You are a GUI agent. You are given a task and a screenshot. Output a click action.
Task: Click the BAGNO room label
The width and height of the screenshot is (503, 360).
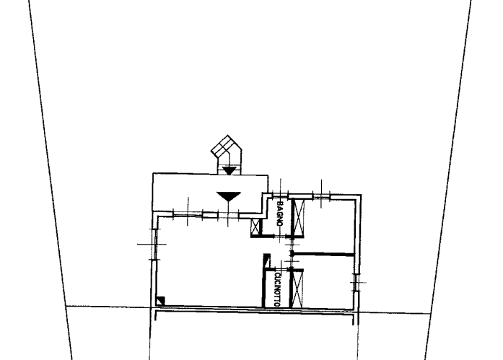click(x=280, y=214)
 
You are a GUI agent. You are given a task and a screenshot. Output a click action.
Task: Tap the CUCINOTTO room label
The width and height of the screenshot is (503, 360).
click(x=278, y=289)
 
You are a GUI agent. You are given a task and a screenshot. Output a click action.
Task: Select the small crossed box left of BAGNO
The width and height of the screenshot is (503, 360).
click(x=255, y=227)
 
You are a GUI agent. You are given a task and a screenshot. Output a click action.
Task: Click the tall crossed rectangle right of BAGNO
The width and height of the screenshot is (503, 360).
click(x=299, y=217)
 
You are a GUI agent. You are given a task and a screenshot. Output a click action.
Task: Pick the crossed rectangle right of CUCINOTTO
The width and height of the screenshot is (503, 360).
click(x=297, y=289)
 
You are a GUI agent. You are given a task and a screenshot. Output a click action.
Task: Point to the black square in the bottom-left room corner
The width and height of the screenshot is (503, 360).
click(x=160, y=301)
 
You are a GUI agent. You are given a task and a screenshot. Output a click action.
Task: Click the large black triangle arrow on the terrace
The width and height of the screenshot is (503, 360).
click(x=228, y=196)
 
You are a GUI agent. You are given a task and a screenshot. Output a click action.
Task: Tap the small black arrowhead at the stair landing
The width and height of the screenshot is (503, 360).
click(x=229, y=171)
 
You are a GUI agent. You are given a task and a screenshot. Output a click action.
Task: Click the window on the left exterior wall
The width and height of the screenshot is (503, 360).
click(x=154, y=245)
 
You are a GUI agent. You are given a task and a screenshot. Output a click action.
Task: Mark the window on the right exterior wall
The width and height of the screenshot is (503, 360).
click(x=357, y=282)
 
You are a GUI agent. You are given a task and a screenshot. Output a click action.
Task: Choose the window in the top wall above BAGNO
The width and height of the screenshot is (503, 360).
click(x=281, y=194)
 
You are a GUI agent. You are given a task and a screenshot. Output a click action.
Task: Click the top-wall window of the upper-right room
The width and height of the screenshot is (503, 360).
click(x=321, y=196)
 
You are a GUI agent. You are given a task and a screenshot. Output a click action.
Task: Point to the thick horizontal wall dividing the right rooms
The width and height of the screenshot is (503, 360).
click(x=323, y=254)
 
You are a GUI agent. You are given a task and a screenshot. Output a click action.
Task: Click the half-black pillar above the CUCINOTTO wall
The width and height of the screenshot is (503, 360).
click(x=267, y=260)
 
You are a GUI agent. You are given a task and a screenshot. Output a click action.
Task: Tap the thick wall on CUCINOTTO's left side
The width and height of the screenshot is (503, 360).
click(x=264, y=288)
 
